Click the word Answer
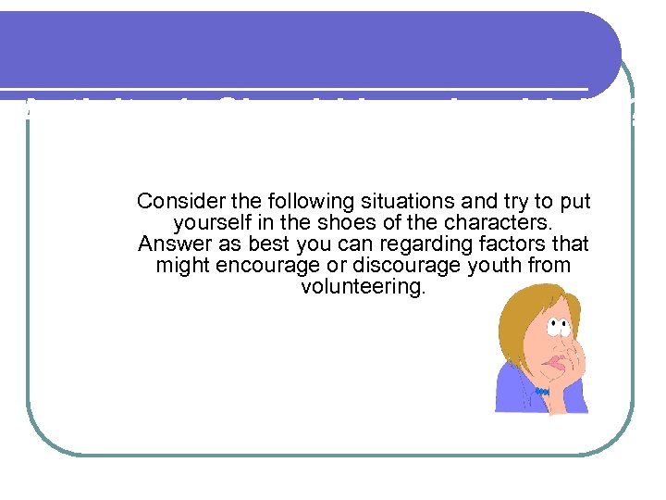(168, 244)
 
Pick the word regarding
(415, 244)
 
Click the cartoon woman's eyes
(557, 324)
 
